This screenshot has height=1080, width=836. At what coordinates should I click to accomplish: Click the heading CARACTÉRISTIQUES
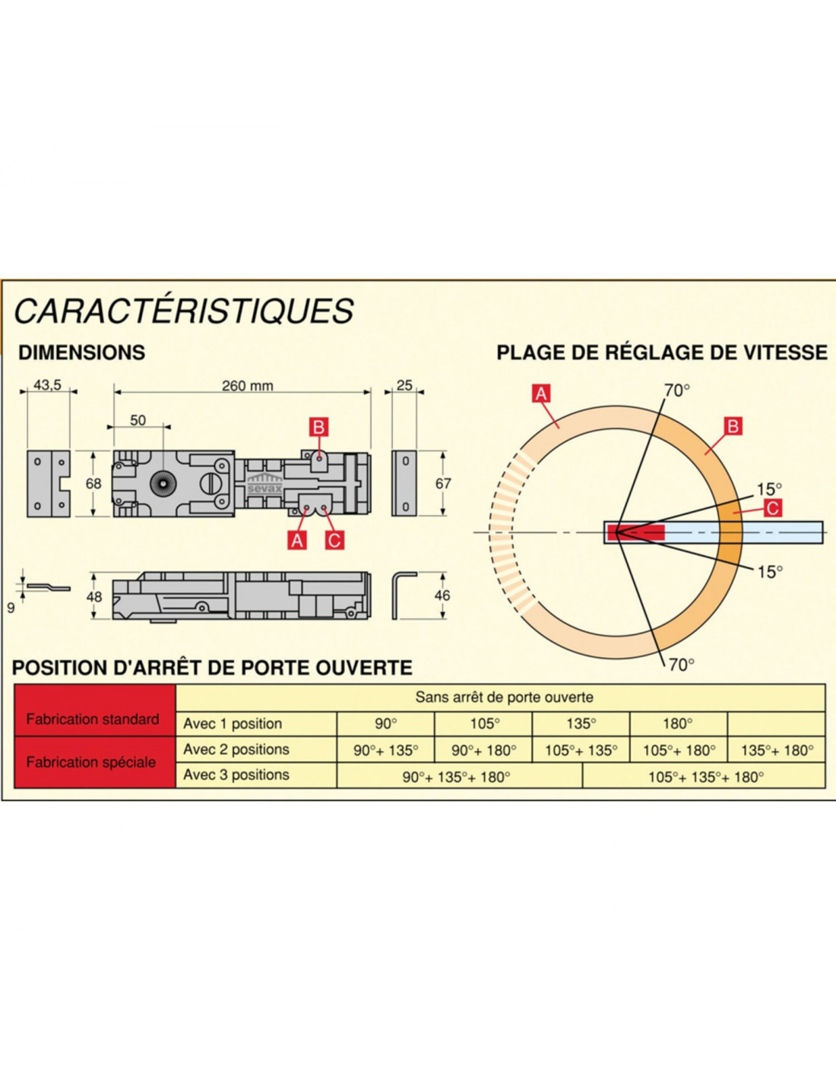click(x=183, y=311)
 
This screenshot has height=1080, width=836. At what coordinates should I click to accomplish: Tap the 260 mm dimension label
click(x=247, y=386)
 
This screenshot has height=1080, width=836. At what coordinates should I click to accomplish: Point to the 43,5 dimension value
click(x=47, y=385)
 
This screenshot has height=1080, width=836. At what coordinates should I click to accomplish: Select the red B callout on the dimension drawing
click(x=318, y=428)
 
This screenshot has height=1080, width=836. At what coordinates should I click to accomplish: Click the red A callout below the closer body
click(x=297, y=540)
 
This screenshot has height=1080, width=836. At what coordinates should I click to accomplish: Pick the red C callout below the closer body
click(x=334, y=540)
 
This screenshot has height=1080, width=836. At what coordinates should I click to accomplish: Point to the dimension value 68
click(x=93, y=484)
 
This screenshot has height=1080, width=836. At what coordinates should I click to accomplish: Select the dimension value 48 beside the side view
click(x=94, y=596)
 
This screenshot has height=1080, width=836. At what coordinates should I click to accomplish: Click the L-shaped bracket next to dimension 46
click(x=403, y=595)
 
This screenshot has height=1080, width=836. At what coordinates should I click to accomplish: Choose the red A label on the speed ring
click(x=541, y=393)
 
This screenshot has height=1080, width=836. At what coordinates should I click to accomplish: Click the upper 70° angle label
click(x=677, y=390)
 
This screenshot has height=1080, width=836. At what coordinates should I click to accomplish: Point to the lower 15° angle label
click(x=770, y=573)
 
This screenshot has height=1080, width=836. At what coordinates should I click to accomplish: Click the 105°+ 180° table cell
click(x=679, y=750)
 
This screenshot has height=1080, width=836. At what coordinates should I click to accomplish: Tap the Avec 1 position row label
click(x=233, y=724)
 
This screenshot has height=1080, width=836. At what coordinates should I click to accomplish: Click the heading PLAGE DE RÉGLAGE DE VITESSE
click(x=662, y=352)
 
